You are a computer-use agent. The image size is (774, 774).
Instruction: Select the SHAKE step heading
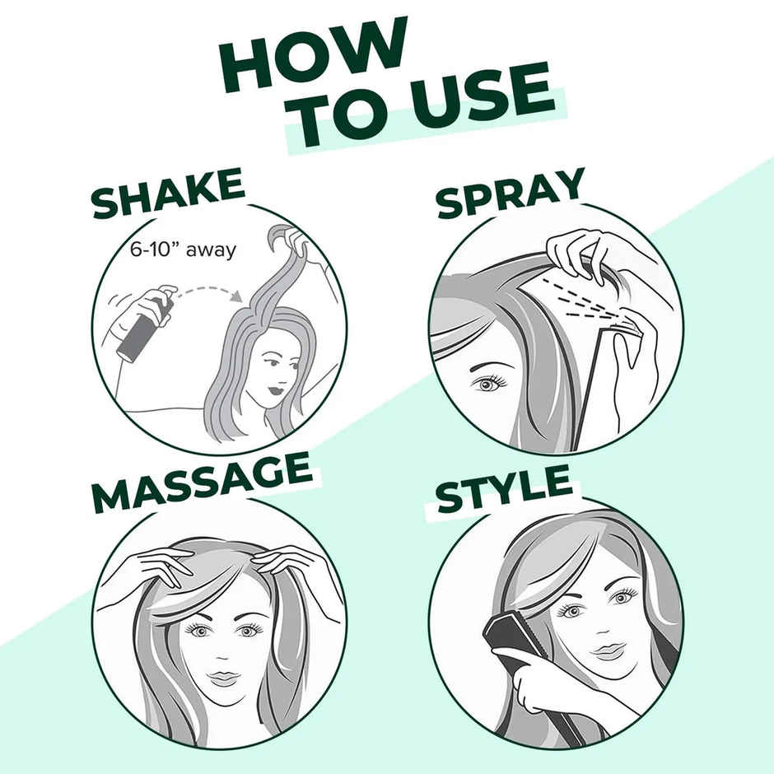pos(168,193)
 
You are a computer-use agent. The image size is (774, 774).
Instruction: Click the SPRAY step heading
pos(511,193)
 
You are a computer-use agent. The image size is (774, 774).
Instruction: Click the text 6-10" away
pos(183,249)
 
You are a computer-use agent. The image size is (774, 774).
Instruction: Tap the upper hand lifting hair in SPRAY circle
pos(580,251)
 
